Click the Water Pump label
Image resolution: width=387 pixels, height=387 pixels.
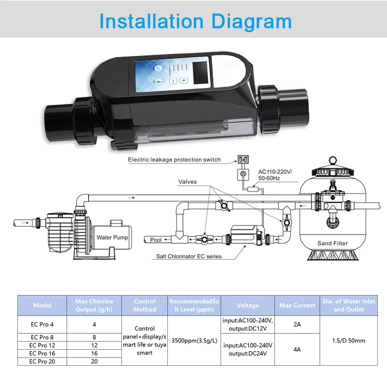[x=112, y=238]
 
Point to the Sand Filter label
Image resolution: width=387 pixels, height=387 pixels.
[x=332, y=243]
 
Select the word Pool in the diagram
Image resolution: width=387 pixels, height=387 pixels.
[x=156, y=239]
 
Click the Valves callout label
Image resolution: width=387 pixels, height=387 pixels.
[x=188, y=182]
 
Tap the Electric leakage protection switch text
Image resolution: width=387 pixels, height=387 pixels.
[x=174, y=160]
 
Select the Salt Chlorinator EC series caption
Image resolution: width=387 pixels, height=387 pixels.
[x=189, y=256]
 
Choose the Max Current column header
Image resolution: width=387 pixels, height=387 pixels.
[x=297, y=305]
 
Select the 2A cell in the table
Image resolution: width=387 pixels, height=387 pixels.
[x=297, y=325]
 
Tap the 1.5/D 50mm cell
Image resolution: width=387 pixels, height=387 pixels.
[x=345, y=341]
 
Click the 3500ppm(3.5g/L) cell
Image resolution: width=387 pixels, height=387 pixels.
[x=193, y=341]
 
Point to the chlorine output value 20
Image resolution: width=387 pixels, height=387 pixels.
[x=94, y=361]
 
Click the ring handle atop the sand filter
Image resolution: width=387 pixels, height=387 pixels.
[x=332, y=161]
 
